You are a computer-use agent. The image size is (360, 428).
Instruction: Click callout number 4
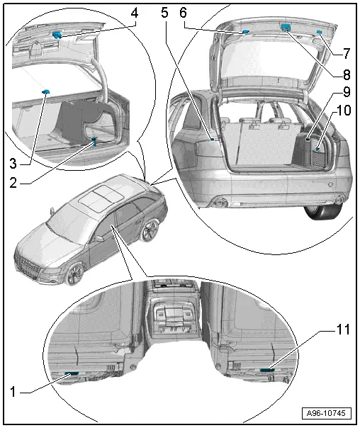coord(134,13)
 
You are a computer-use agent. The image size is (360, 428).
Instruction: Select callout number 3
coord(13,164)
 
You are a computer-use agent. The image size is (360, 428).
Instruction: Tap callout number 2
coord(13,183)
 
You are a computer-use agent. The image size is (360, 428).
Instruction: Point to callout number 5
coord(164,13)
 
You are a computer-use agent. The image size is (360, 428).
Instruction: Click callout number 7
coord(346,54)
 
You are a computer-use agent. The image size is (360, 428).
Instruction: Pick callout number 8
coord(346,74)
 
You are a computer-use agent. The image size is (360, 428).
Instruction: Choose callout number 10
coord(344,111)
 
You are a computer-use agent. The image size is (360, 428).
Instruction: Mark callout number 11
coord(343,330)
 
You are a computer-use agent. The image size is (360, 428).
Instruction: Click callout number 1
coord(13,392)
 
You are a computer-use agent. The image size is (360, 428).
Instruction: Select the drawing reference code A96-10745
coord(326,413)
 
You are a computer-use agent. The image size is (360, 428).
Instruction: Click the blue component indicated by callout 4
coord(57,35)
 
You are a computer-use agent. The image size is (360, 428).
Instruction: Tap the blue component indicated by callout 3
coord(45,91)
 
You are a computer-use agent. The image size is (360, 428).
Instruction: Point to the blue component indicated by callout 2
coord(94,142)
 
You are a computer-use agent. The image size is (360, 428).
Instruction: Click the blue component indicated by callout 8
coord(285,27)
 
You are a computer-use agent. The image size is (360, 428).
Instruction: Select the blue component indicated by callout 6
coord(245,32)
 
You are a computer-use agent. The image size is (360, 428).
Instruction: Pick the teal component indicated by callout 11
coord(267,370)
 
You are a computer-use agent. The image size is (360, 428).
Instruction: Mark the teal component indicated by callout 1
coord(72,373)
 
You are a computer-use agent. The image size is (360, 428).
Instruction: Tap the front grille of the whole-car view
coord(28,264)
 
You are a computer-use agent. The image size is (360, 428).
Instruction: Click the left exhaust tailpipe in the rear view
coord(218,203)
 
